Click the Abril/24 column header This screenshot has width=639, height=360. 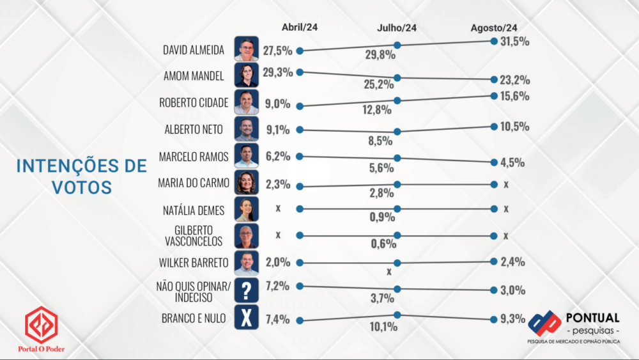[300, 27]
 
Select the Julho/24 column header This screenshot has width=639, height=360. [397, 27]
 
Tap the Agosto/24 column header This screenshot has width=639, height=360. [494, 27]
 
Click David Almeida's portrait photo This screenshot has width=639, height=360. [247, 49]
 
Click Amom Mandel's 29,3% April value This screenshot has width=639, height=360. [277, 72]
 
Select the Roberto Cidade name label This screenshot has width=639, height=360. [192, 103]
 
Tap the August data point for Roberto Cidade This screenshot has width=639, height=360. [494, 96]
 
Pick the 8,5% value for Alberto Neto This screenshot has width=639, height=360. [380, 141]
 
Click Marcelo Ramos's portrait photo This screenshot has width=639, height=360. [247, 155]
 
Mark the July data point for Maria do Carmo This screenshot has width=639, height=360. [397, 184]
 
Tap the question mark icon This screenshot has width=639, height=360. [247, 291]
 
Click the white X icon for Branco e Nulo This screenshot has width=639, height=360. [247, 317]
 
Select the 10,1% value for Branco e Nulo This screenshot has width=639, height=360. [383, 327]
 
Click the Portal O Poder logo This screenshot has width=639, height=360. [42, 330]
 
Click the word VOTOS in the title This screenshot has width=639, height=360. [81, 187]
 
